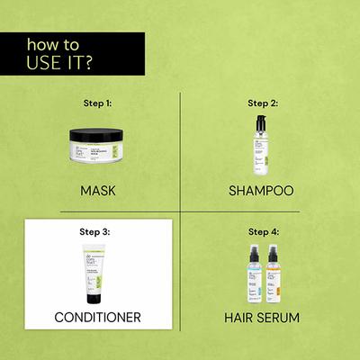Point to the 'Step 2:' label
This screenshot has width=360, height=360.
click(x=263, y=104)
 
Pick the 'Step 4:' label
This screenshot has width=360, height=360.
click(x=263, y=230)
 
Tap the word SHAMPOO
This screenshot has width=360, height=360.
click(x=263, y=191)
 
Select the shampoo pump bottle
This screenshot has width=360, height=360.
click(x=262, y=144)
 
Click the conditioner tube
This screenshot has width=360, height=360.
click(x=94, y=270)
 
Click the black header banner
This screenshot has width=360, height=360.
click(x=72, y=54)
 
